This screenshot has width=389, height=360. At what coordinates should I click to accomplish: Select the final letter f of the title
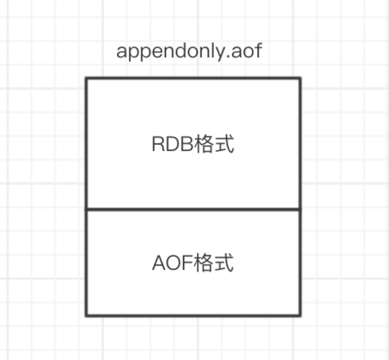(257, 51)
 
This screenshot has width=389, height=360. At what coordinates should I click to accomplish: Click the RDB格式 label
(193, 144)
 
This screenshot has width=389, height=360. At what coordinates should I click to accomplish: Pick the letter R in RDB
(158, 145)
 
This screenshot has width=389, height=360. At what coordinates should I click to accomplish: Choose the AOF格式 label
(193, 264)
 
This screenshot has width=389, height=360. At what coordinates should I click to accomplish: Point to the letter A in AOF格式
(159, 264)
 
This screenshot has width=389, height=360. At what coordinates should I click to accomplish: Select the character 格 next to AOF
(204, 264)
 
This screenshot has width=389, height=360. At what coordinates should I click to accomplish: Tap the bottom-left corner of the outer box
(86, 316)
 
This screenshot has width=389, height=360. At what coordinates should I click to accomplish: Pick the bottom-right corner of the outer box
(300, 316)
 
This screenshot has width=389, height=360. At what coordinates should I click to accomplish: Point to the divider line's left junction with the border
(86, 209)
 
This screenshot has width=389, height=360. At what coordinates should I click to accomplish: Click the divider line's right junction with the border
(300, 209)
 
